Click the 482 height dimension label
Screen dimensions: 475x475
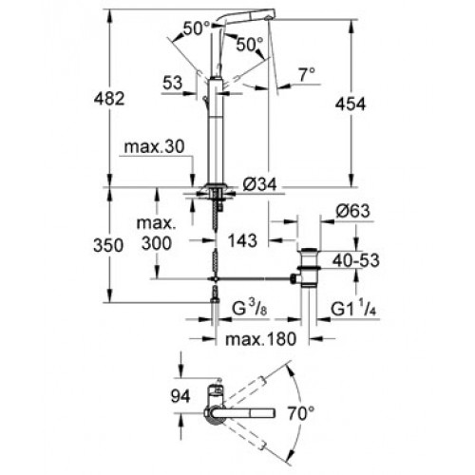[x=109, y=99]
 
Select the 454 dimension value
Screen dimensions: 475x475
[x=351, y=104]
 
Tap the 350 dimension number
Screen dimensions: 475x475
[x=108, y=245]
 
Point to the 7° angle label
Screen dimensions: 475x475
[x=307, y=75]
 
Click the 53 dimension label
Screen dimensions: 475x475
[x=173, y=83]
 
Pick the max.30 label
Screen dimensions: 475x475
[x=154, y=147]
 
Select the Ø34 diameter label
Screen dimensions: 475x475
[x=259, y=184]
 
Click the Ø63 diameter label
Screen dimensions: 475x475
[x=352, y=211]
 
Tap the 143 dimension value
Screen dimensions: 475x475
[x=243, y=240]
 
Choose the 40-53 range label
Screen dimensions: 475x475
[x=355, y=260]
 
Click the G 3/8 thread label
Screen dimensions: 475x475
[x=250, y=308]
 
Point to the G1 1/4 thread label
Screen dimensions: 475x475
[x=353, y=308]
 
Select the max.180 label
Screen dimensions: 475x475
[x=260, y=339]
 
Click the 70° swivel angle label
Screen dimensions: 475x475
[x=301, y=413]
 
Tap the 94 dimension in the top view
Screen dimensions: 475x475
[x=180, y=396]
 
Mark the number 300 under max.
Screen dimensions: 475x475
[x=157, y=243]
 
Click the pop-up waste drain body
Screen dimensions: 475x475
[x=310, y=269]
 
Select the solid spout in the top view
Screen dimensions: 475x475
[x=244, y=413]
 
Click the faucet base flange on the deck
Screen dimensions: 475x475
[x=216, y=186]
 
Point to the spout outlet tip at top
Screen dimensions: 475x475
[x=269, y=18]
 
